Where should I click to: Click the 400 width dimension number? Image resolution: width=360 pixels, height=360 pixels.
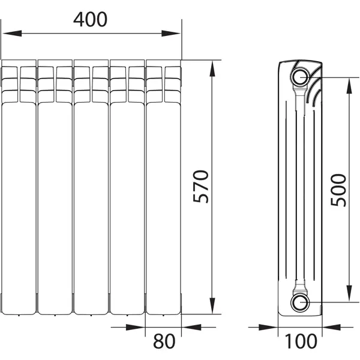coord(90,20)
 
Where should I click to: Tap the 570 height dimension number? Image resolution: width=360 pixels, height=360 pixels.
coord(201,187)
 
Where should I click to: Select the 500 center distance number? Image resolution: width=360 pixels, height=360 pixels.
coord(338,190)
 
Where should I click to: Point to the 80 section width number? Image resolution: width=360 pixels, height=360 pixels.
coord(164,341)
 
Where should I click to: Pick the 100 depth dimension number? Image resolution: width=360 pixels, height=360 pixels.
coord(301,341)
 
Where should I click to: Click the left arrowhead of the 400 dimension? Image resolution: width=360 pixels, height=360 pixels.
coord(12,34)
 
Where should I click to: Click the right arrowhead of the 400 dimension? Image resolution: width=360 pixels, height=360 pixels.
coord(171,34)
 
